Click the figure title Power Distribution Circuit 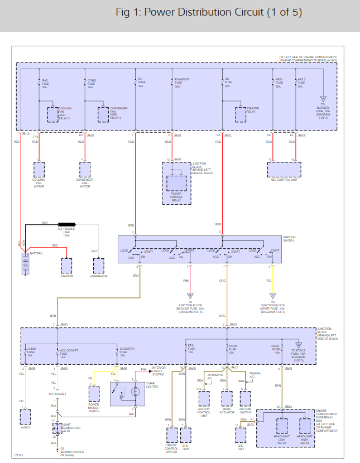(x=209, y=12)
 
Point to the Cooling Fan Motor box (x=39, y=169)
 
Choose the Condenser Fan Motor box (x=85, y=169)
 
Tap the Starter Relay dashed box (x=241, y=114)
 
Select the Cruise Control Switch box (x=171, y=435)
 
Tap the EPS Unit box (x=186, y=435)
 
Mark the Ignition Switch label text (x=289, y=238)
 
